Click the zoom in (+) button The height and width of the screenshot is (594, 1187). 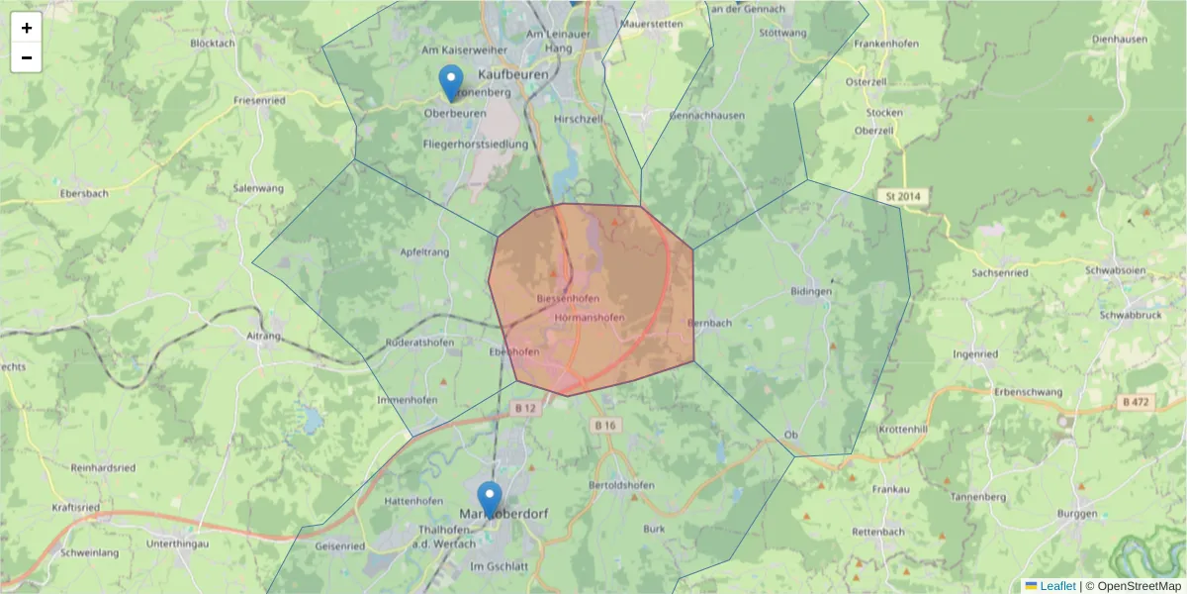click(27, 28)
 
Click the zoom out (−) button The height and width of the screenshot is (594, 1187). click(27, 57)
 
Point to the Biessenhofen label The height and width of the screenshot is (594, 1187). click(567, 298)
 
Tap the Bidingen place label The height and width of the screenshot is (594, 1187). click(811, 292)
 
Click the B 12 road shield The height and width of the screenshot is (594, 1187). click(524, 407)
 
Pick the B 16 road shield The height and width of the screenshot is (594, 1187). click(604, 425)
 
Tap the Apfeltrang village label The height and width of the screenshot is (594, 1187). click(425, 252)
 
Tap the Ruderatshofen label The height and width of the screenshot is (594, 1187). click(420, 343)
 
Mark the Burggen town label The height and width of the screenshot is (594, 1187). click(1077, 514)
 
